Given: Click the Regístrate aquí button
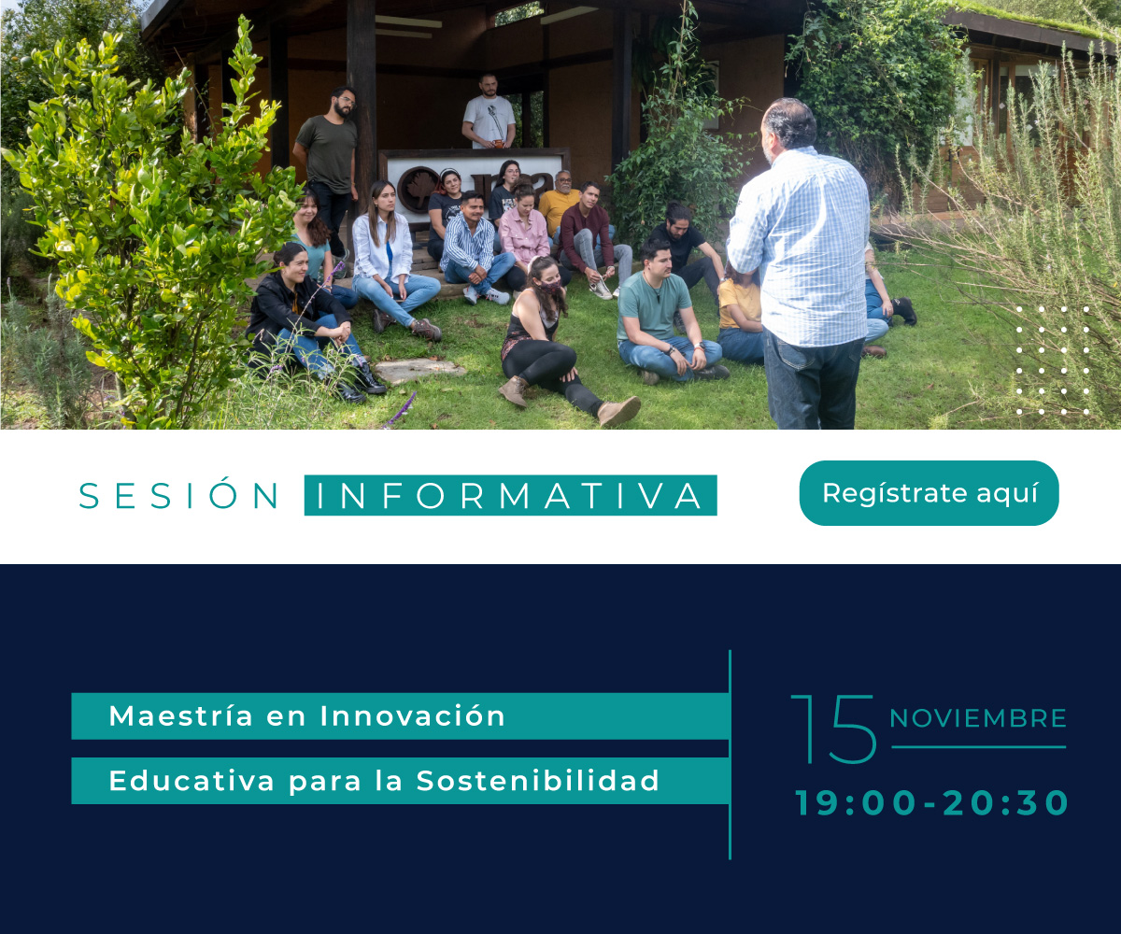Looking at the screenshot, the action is click(x=929, y=493).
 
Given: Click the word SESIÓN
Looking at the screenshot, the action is click(x=178, y=495).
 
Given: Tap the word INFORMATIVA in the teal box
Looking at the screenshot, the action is click(x=510, y=495).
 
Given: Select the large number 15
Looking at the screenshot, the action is click(x=834, y=729).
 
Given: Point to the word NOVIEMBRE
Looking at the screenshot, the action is click(x=978, y=719).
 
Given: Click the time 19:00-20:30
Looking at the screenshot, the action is click(x=931, y=802).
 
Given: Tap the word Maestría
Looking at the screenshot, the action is click(x=181, y=715).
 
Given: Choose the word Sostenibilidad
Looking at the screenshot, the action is click(x=538, y=780).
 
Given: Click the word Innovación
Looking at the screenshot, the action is click(x=412, y=715).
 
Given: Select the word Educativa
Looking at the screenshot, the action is click(x=192, y=780).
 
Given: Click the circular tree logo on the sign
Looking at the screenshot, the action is click(x=418, y=190).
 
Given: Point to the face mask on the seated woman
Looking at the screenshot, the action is click(x=548, y=287).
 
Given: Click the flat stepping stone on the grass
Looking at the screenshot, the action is click(x=419, y=371).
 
